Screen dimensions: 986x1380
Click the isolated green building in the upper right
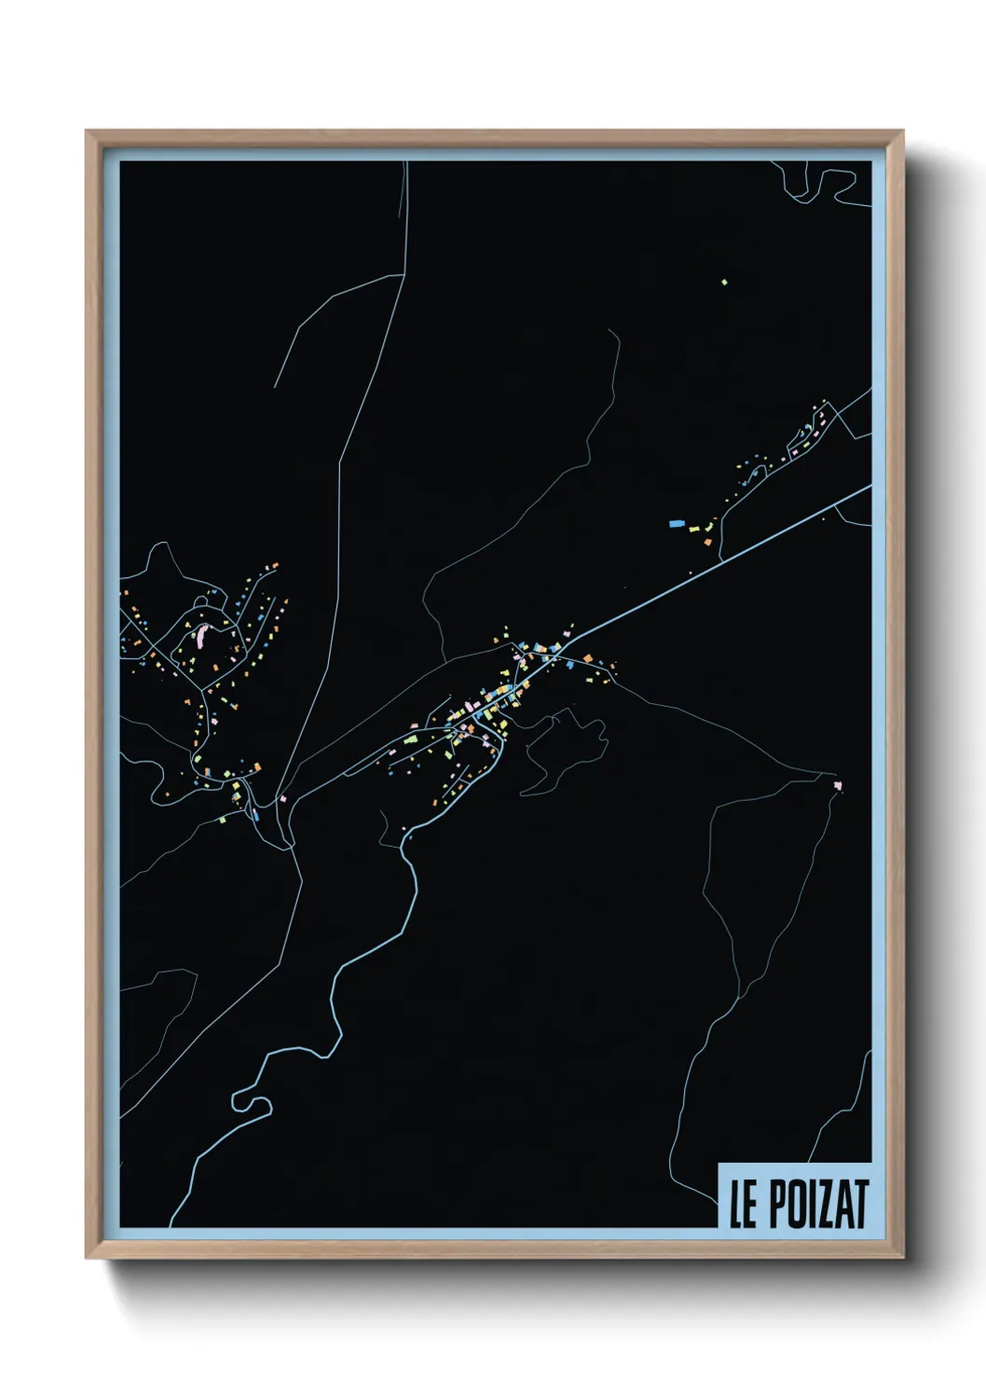tap(724, 282)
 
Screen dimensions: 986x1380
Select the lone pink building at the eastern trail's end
tap(837, 786)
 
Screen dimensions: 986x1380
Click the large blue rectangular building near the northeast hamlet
tap(677, 524)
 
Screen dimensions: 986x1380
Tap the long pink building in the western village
tap(200, 637)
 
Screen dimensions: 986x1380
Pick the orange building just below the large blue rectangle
tap(706, 541)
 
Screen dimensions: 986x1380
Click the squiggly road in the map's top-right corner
tap(820, 186)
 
